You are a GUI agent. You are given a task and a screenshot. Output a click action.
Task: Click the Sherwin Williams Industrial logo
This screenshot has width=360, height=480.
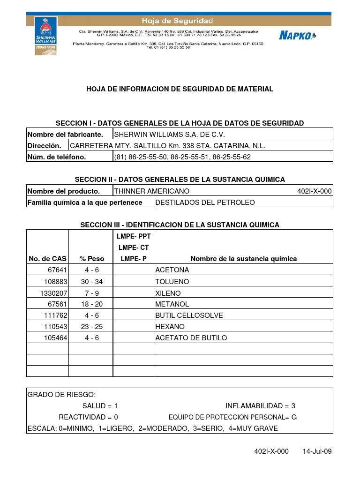click(x=45, y=36)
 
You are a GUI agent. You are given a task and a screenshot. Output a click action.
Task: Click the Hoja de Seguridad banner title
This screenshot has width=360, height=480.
click(x=178, y=21)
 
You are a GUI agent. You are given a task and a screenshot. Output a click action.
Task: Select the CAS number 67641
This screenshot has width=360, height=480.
click(x=57, y=270)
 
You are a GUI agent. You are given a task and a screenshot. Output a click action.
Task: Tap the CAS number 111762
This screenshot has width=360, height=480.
click(x=55, y=315)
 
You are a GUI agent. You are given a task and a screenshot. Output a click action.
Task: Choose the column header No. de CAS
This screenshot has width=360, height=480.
click(x=47, y=259)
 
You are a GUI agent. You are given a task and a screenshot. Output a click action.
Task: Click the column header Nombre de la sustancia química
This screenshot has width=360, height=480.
click(x=243, y=259)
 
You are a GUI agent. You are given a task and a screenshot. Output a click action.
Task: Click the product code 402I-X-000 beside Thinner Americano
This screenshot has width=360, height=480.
click(x=314, y=191)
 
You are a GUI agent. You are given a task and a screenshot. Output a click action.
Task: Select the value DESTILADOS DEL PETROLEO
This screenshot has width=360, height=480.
click(x=205, y=202)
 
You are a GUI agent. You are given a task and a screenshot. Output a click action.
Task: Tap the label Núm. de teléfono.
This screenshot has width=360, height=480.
click(x=57, y=157)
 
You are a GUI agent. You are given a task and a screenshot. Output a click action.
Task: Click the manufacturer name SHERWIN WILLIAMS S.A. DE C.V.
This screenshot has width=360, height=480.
click(x=166, y=135)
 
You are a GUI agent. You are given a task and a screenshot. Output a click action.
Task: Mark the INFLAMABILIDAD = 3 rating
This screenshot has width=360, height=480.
click(x=260, y=406)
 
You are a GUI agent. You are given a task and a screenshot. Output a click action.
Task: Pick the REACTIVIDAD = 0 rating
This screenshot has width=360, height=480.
click(x=88, y=417)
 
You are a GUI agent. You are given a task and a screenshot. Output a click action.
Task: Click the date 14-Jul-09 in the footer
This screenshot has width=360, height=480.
click(x=317, y=451)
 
